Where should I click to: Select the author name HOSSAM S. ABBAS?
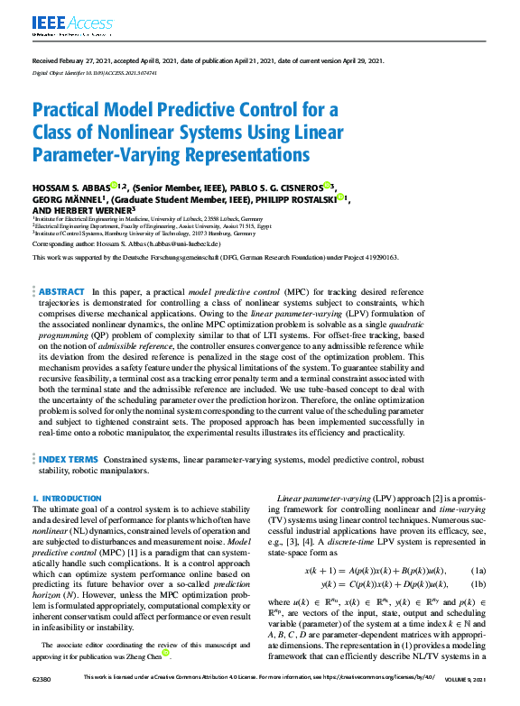71,187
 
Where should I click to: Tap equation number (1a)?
479,572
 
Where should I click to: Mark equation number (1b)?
479,584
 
